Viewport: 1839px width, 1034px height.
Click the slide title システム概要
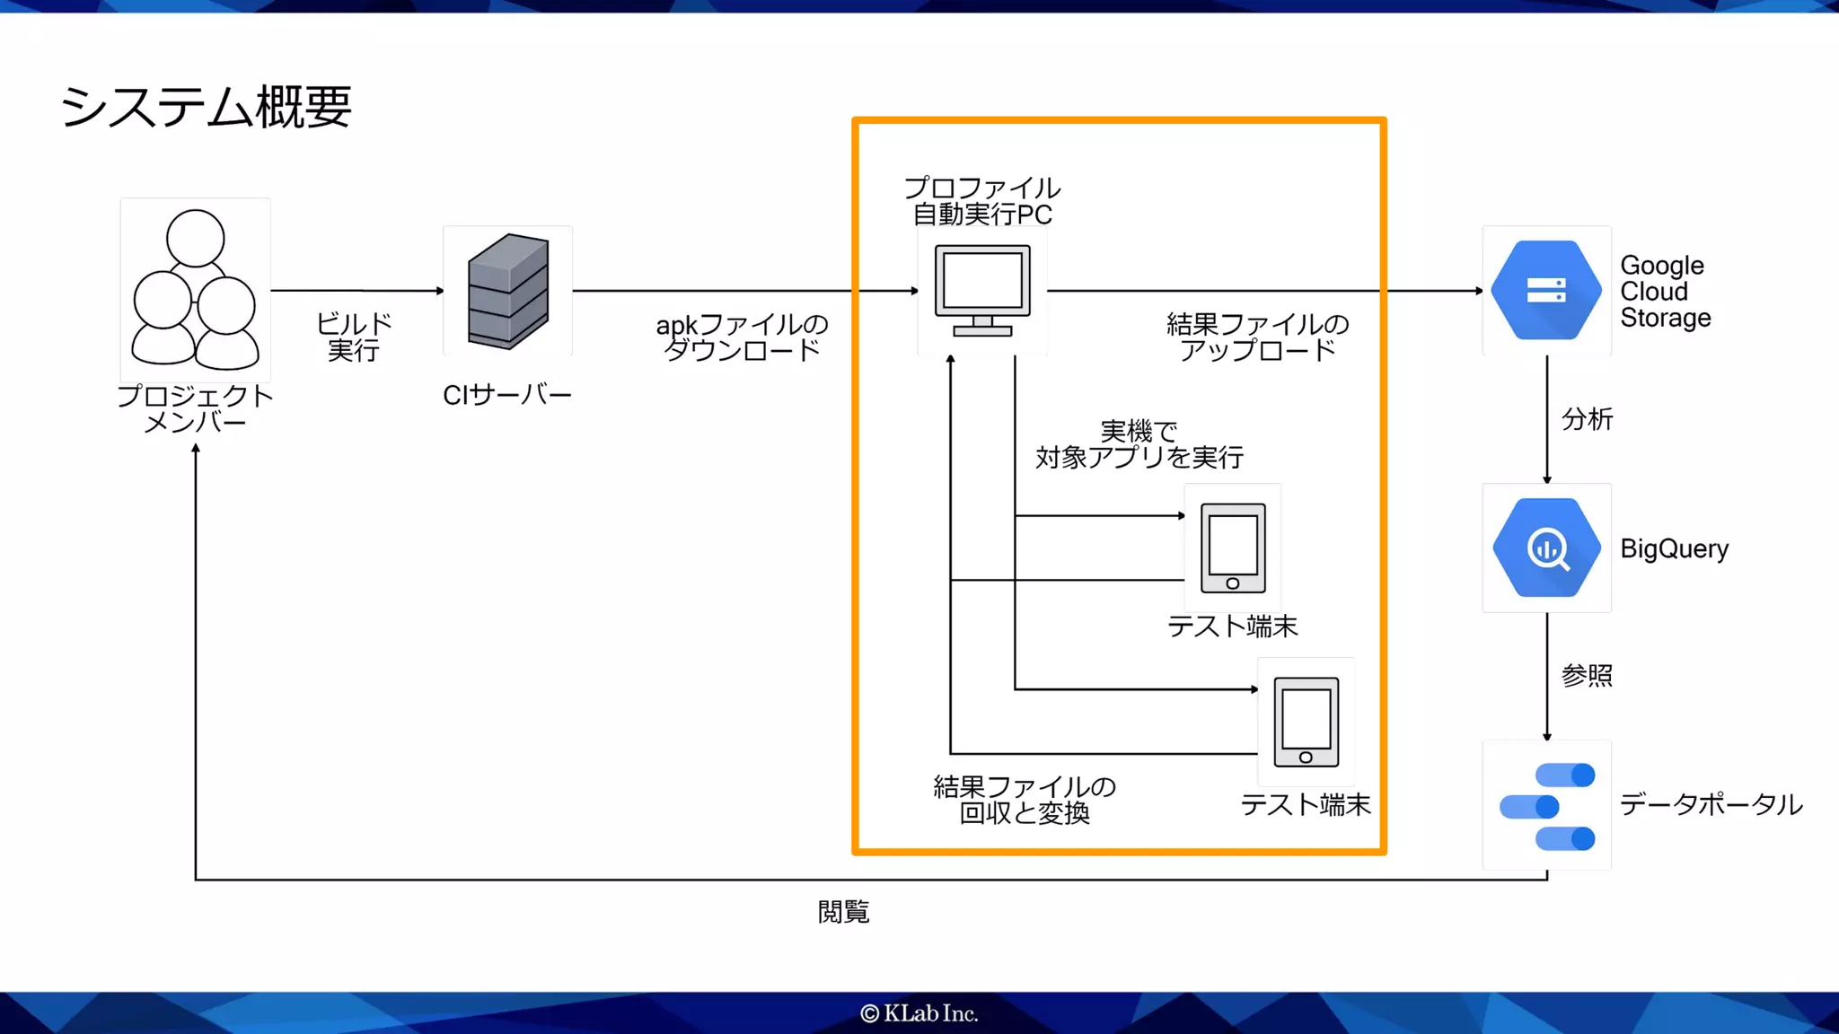(x=206, y=107)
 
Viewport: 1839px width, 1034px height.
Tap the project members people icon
(x=195, y=289)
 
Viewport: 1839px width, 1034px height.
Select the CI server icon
(x=508, y=291)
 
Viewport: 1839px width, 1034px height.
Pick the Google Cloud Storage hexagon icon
(x=1545, y=290)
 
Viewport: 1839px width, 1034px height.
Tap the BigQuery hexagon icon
(x=1546, y=548)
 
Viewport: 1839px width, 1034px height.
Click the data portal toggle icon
(x=1547, y=806)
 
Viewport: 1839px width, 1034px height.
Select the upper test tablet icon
(x=1233, y=548)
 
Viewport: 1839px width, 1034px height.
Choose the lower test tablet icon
(x=1306, y=722)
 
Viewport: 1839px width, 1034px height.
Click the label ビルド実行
(x=354, y=337)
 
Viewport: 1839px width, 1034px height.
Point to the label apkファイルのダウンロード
(x=742, y=337)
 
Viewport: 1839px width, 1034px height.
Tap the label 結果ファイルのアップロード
(x=1257, y=337)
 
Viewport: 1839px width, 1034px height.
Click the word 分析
(x=1587, y=419)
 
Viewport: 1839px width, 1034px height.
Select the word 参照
(x=1587, y=675)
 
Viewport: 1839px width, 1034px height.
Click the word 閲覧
(x=843, y=912)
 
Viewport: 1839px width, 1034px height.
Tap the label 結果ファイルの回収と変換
(x=1025, y=800)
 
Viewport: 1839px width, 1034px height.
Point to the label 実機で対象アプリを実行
(x=1139, y=444)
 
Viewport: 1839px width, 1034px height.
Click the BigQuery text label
(x=1674, y=548)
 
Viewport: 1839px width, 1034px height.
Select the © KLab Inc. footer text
(x=919, y=1013)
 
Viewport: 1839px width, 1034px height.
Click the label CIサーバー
(x=507, y=395)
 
